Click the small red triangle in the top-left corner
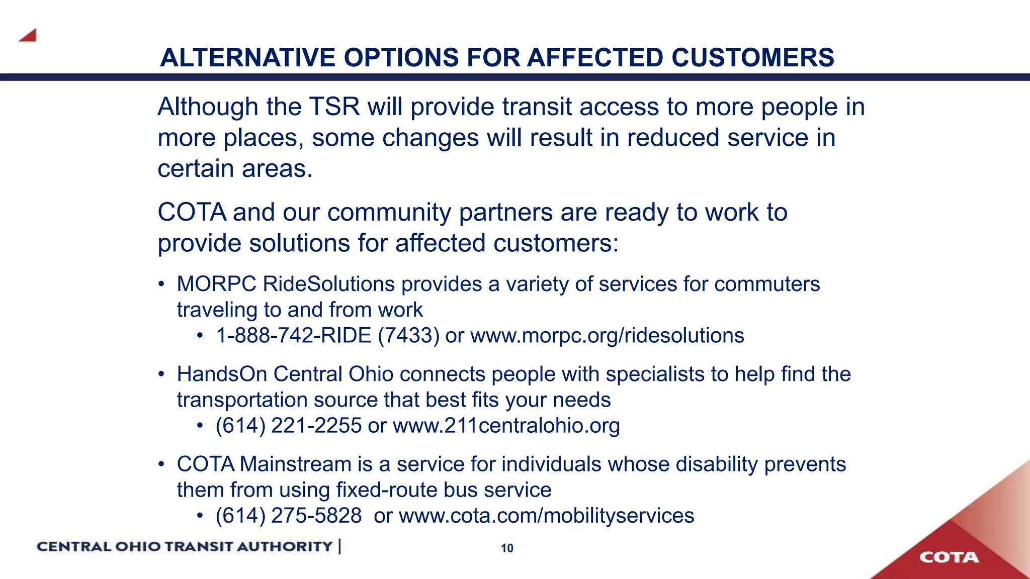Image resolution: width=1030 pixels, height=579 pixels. tap(28, 35)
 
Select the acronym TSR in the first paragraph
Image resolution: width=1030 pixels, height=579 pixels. tap(334, 107)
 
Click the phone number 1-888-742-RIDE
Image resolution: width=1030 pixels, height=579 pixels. tap(293, 336)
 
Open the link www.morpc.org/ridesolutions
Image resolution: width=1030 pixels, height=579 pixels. tap(607, 336)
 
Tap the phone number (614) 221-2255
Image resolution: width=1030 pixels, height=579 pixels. tap(288, 426)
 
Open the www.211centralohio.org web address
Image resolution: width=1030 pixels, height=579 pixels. tap(506, 426)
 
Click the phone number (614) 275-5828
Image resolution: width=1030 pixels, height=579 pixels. tap(288, 516)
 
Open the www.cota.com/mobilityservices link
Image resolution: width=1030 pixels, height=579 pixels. tap(546, 516)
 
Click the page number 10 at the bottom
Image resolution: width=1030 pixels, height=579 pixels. tap(507, 548)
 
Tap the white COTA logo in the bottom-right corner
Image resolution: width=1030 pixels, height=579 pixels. tap(949, 557)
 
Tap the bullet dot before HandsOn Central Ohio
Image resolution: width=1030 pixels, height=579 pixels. tap(161, 374)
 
